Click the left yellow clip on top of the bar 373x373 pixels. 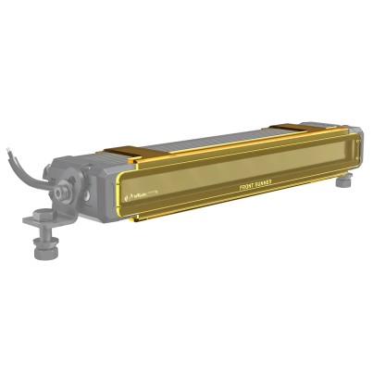(x=122, y=152)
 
